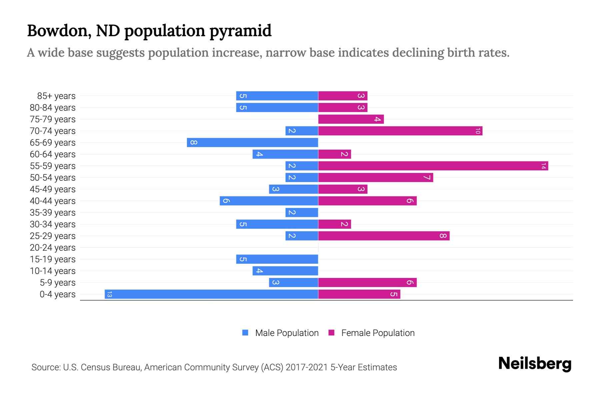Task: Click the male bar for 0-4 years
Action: (x=211, y=294)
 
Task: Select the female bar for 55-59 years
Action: (x=433, y=166)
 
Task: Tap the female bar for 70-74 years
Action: (x=400, y=131)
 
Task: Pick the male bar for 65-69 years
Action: (x=252, y=142)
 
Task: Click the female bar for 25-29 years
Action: (x=384, y=236)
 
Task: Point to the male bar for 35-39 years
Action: (x=302, y=212)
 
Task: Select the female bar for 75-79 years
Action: (x=351, y=119)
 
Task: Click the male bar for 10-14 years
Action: (x=285, y=271)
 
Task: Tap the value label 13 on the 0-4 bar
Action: (x=109, y=294)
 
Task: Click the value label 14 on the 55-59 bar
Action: (x=543, y=166)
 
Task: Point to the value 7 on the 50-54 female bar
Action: (x=427, y=177)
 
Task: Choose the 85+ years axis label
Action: (x=56, y=96)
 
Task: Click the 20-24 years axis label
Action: (x=53, y=248)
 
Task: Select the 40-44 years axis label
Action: (x=53, y=201)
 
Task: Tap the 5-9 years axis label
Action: (x=58, y=283)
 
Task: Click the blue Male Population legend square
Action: (x=245, y=333)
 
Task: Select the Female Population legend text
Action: (x=378, y=333)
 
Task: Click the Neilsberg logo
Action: (x=535, y=363)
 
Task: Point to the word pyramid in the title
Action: (x=240, y=31)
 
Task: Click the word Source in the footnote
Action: (x=46, y=367)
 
